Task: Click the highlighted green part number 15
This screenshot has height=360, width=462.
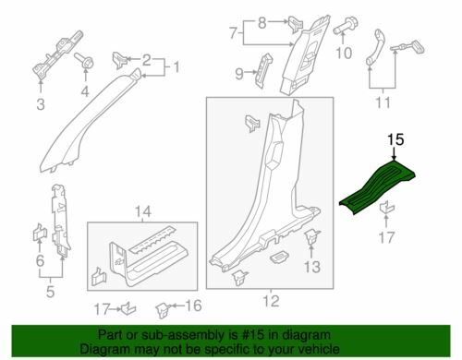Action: tap(377, 185)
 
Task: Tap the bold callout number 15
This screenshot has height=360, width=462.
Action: tap(395, 139)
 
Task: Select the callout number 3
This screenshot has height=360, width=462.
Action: tap(41, 104)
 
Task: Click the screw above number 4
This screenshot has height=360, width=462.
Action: tap(84, 62)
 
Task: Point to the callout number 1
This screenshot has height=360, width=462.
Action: tap(176, 67)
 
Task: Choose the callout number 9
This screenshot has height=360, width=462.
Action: tap(239, 74)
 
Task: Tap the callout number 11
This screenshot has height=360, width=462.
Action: tap(383, 102)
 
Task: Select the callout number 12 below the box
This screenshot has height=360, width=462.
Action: tap(271, 301)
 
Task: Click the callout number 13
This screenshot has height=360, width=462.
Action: tap(312, 267)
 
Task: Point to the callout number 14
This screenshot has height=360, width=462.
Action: tap(143, 211)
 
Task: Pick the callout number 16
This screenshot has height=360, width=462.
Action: tap(193, 306)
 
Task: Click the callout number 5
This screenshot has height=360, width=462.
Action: tap(50, 291)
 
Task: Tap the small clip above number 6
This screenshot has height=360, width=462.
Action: tap(39, 233)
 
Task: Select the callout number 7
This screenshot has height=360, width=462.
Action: tap(234, 33)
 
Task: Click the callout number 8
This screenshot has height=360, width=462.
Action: tap(261, 23)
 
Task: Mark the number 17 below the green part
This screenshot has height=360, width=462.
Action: tap(386, 237)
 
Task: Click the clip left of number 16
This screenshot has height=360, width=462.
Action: tap(163, 310)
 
